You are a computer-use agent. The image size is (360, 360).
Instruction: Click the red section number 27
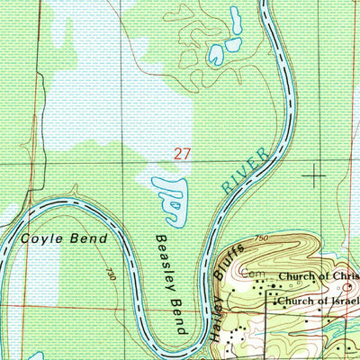coord(183,155)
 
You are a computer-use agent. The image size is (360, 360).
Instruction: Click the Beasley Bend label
coord(170,285)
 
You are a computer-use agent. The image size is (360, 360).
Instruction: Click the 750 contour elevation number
coord(261,237)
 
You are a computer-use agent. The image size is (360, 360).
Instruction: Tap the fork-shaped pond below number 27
coord(173,200)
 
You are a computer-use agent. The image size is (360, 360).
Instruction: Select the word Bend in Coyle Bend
coord(89,238)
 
